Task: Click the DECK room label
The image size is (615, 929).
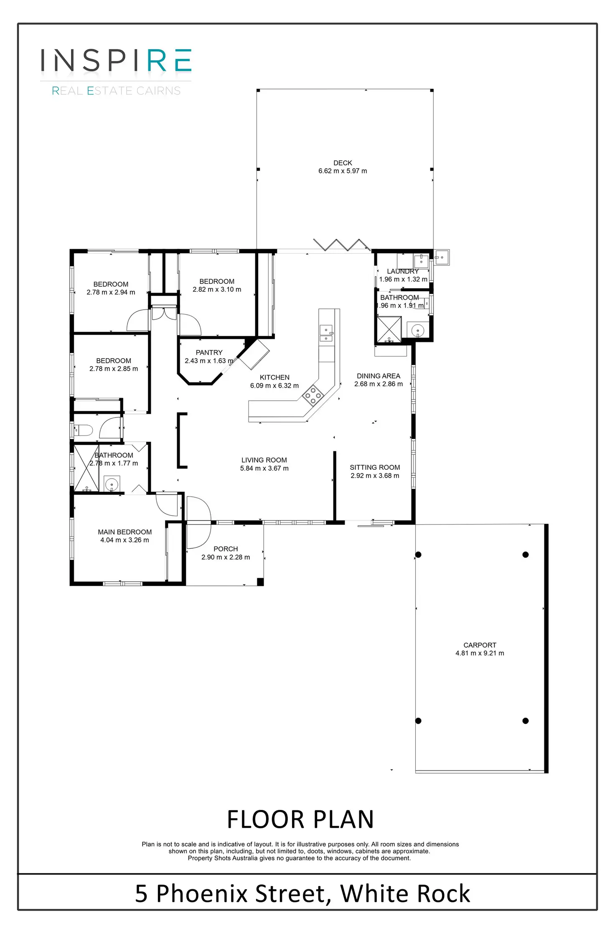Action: point(343,163)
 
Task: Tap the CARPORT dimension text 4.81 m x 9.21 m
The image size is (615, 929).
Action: point(480,653)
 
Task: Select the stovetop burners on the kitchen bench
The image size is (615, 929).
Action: point(313,395)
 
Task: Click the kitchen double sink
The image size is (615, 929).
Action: point(326,333)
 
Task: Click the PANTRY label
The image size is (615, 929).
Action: point(209,353)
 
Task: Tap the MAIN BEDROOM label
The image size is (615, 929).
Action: point(125,532)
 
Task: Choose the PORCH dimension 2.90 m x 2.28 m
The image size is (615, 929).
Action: point(226,557)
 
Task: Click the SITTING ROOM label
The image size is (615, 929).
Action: point(375,467)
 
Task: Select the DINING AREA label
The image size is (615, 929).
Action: point(379,376)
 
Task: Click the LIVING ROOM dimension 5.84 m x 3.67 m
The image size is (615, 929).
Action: point(264,468)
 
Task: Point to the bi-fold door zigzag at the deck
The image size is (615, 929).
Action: point(342,245)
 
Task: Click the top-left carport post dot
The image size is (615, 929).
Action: point(418,555)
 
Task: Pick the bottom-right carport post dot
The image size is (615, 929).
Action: point(526,721)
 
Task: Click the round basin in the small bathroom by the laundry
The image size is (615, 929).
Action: point(418,331)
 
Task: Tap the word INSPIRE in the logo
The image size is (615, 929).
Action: point(116,61)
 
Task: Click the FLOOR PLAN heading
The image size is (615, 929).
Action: point(300,820)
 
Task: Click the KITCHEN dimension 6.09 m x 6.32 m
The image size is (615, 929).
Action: point(274,386)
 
